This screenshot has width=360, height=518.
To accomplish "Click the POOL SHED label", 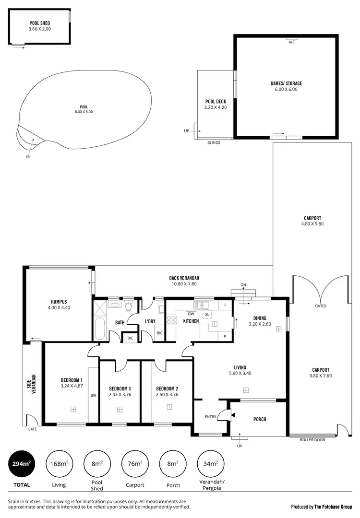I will [x=40, y=23].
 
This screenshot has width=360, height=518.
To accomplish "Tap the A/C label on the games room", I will [x=291, y=42].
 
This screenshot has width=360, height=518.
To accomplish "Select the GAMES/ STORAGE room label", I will [x=286, y=83].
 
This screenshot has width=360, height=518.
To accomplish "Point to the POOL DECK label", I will [x=215, y=102].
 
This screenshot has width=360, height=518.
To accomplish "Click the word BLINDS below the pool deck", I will [x=214, y=142].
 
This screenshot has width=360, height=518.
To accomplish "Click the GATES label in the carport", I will [x=321, y=306].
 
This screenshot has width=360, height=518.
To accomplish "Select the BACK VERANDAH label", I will [x=184, y=278].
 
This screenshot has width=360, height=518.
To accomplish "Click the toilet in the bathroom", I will [x=129, y=306].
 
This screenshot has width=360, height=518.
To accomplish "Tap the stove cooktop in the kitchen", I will [x=171, y=320].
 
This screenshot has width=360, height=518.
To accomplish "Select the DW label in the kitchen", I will [x=191, y=314].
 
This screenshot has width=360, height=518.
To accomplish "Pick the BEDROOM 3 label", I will [x=120, y=388].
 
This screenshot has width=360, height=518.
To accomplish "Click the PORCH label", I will [x=260, y=419].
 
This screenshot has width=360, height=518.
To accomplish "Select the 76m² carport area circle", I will [x=135, y=464].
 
